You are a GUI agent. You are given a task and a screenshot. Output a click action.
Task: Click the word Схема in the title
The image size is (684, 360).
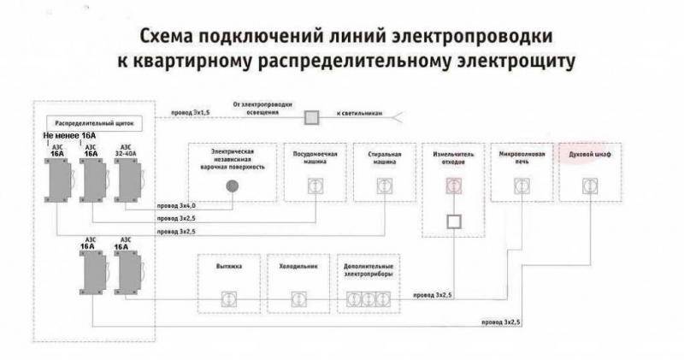coord(165,37)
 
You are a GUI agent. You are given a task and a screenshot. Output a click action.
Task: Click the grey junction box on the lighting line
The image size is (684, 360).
coord(313,115)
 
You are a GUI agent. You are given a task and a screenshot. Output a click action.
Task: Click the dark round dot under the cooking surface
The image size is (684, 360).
coord(231,186)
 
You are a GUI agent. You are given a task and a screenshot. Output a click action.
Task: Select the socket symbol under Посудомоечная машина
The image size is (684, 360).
coord(315,186)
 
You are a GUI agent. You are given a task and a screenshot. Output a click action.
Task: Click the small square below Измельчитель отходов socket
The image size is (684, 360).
coord(453,221)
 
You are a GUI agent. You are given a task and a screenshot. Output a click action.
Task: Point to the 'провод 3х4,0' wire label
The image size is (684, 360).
coord(177,206)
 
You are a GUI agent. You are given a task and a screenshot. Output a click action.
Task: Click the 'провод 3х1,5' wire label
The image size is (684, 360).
coord(191,112)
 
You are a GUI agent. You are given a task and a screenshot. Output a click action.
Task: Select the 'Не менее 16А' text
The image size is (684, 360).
coord(72,137)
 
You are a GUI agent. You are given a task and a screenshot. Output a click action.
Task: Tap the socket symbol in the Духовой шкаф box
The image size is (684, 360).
coord(588,186)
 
